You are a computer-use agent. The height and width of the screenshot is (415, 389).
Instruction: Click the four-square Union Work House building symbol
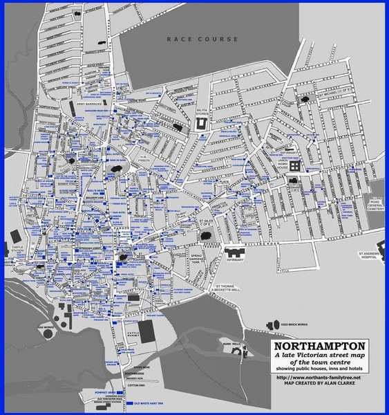pos(295,167)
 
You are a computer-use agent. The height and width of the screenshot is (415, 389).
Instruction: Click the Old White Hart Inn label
pos(151,402)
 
